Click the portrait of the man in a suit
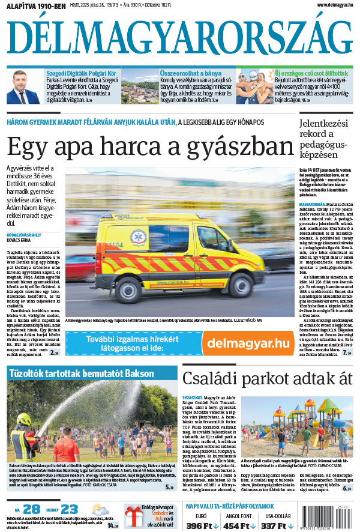pyautogui.click(x=26, y=88)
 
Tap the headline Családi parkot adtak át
pyautogui.click(x=267, y=378)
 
